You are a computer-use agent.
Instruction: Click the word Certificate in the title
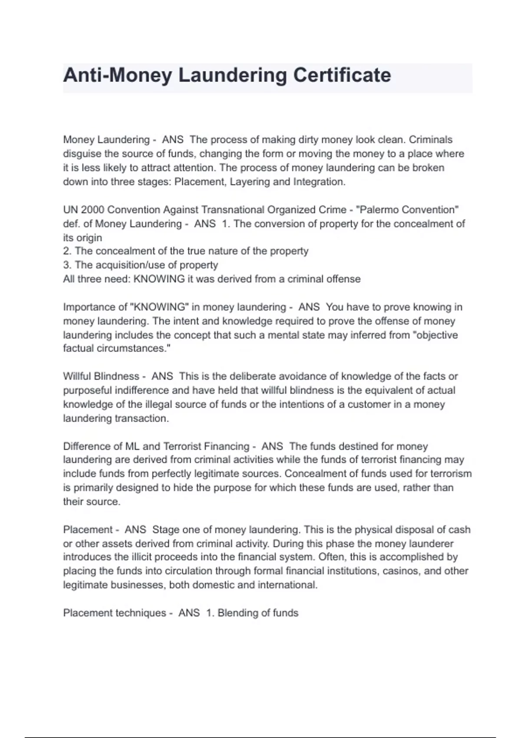(x=342, y=75)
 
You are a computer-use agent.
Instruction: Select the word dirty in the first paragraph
(x=309, y=140)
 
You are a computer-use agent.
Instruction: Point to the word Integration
(x=319, y=181)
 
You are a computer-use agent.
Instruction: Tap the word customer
(x=369, y=404)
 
